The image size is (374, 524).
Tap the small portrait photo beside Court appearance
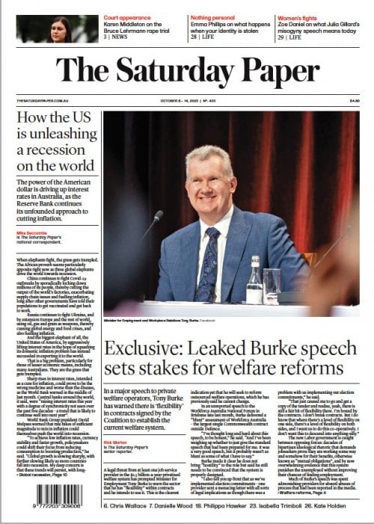[56, 28]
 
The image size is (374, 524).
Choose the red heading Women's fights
[300, 16]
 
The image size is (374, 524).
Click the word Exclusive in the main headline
[141, 348]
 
